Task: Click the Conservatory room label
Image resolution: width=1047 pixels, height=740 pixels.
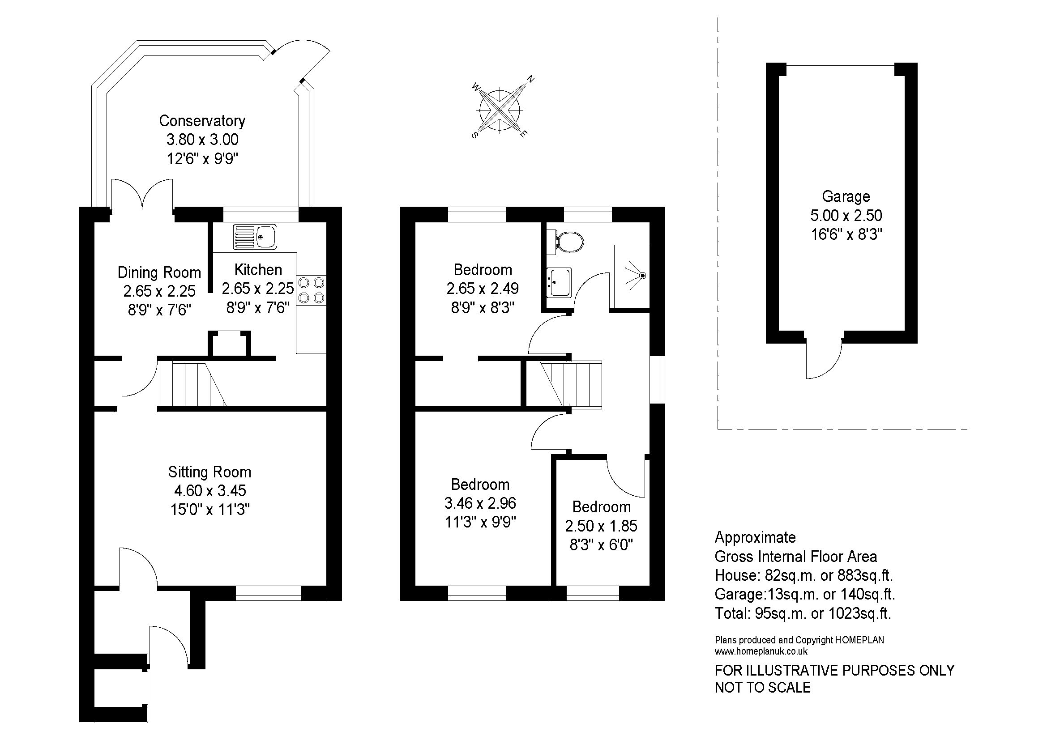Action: click(202, 121)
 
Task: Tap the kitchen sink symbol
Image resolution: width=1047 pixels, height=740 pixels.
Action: click(255, 237)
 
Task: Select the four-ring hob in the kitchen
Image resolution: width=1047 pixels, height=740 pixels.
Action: click(312, 290)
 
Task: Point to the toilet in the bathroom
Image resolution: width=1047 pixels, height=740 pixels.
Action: click(565, 241)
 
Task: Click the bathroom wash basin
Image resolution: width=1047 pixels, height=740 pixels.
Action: click(559, 282)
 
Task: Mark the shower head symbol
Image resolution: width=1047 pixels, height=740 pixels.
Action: click(642, 276)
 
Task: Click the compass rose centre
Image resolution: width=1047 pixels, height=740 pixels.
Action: click(500, 110)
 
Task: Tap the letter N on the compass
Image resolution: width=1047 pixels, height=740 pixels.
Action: click(530, 79)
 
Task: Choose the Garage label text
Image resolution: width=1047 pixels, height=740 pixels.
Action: click(846, 196)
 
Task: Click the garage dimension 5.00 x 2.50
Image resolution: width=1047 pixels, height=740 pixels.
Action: click(846, 215)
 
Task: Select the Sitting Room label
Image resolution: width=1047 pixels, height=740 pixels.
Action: click(210, 472)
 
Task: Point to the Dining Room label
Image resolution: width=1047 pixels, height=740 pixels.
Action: click(159, 272)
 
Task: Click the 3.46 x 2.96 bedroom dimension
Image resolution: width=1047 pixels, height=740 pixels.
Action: click(480, 503)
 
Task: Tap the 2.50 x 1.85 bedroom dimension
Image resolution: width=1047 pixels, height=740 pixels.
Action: click(602, 526)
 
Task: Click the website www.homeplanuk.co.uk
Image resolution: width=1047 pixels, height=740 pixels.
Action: click(761, 651)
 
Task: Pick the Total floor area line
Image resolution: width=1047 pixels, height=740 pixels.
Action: click(803, 614)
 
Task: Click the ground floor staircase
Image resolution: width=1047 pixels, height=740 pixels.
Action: click(192, 384)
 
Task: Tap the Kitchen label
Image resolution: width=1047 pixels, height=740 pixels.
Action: click(258, 270)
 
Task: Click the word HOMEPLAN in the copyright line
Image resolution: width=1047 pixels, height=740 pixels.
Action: click(859, 640)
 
